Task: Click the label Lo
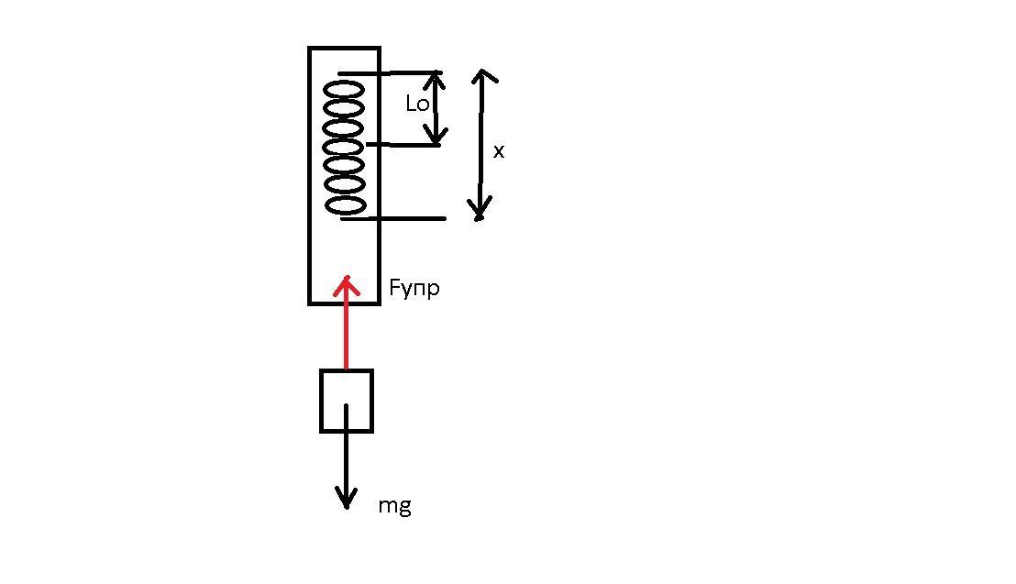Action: [x=417, y=103]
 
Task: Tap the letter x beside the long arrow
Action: [x=498, y=151]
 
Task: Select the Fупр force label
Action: [x=414, y=287]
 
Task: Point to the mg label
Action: [x=394, y=505]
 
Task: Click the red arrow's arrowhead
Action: [x=347, y=285]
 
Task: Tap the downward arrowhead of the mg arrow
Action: [x=347, y=499]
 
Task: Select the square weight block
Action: [x=347, y=370]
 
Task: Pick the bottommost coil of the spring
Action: [x=346, y=206]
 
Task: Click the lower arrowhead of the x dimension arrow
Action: [x=480, y=210]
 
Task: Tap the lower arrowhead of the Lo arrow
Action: [x=436, y=136]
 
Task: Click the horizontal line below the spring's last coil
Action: [x=393, y=219]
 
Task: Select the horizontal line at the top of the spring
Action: [x=390, y=73]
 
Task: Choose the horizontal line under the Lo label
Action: [x=403, y=145]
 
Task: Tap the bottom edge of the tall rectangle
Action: [x=344, y=303]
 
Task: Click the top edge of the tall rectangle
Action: [x=344, y=48]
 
